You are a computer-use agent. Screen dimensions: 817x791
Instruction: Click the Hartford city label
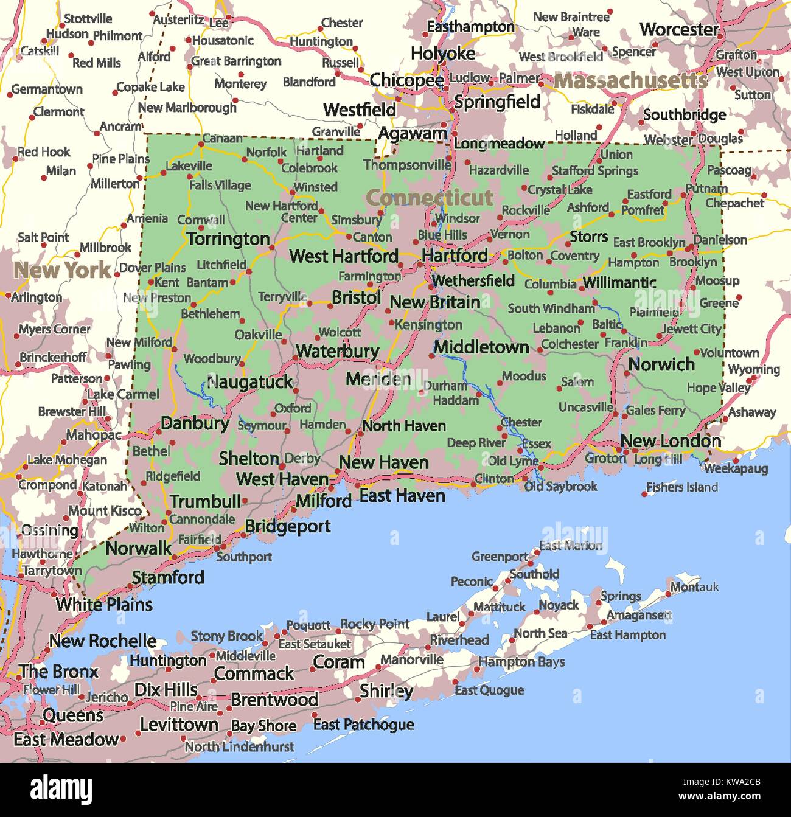tap(455, 256)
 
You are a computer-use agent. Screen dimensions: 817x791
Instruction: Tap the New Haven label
tap(383, 462)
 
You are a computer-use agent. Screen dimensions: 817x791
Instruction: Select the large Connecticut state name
tap(430, 198)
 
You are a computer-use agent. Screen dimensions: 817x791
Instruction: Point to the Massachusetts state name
tap(630, 80)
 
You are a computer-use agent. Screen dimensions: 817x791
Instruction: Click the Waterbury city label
tap(337, 351)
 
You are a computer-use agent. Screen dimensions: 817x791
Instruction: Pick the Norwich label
tap(661, 364)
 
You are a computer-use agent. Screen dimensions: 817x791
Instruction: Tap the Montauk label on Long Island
tap(694, 587)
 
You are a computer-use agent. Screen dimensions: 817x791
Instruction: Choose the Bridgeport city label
tap(288, 526)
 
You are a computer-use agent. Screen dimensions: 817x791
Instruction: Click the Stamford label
tap(168, 577)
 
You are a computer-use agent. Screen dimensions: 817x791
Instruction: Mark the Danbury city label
tap(195, 423)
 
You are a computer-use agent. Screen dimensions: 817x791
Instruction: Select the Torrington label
tap(228, 239)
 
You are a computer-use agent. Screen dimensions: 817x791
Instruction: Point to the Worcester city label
tap(679, 29)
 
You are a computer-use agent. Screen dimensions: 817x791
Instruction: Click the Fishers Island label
tap(681, 487)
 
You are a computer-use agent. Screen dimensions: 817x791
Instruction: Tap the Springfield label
tap(497, 102)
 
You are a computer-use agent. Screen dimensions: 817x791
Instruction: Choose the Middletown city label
tap(481, 347)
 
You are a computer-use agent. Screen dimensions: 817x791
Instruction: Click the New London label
tap(671, 441)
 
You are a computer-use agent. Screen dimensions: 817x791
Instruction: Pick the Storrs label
tap(588, 237)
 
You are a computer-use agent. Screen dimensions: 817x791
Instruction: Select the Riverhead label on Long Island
tap(459, 640)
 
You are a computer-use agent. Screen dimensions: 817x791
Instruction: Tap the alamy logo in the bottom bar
tap(61, 789)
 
